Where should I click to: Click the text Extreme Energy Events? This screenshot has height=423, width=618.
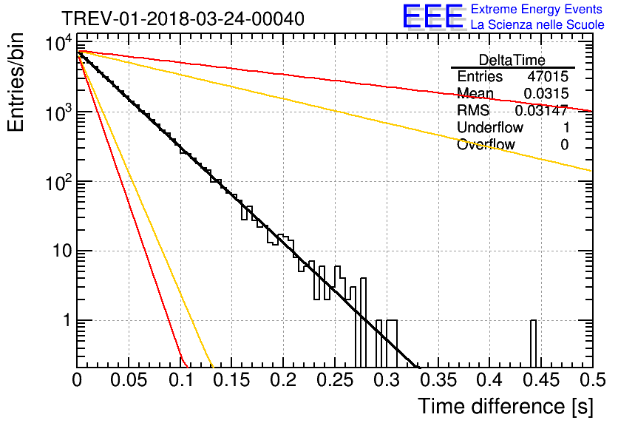pyautogui.click(x=537, y=10)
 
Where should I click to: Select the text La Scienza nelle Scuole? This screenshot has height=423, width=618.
pyautogui.click(x=537, y=25)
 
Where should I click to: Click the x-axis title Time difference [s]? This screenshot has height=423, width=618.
pyautogui.click(x=503, y=406)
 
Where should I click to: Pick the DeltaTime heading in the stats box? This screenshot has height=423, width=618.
pyautogui.click(x=512, y=60)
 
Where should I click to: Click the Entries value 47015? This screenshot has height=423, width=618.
pyautogui.click(x=548, y=77)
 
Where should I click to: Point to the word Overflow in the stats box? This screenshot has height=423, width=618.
pyautogui.click(x=486, y=145)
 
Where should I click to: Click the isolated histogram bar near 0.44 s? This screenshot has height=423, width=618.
pyautogui.click(x=533, y=344)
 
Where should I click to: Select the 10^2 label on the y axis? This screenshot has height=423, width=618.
pyautogui.click(x=58, y=183)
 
